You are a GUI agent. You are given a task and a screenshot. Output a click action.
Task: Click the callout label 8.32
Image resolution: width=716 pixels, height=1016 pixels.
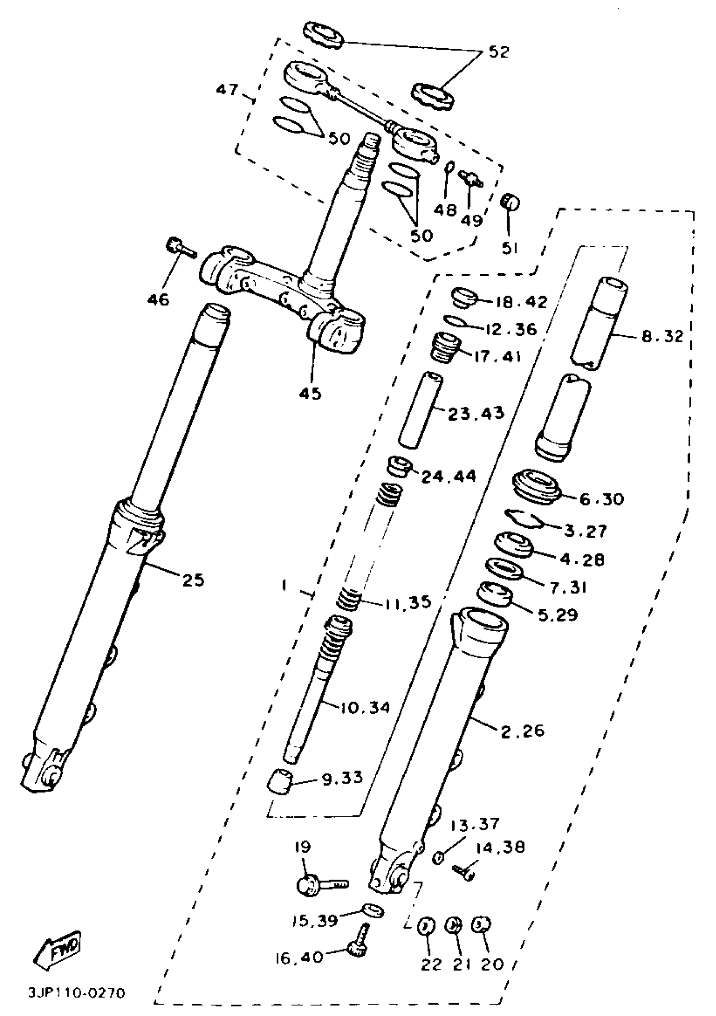[x=662, y=337]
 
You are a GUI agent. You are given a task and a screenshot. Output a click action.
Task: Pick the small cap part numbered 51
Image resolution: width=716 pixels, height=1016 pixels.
[x=509, y=203]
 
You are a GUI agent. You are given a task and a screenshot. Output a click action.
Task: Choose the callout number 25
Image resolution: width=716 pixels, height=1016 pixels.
[x=193, y=579]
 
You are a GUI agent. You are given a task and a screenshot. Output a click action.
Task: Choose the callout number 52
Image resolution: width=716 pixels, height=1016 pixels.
[x=499, y=52]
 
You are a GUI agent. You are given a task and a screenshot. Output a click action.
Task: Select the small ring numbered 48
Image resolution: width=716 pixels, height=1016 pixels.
[x=449, y=168]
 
